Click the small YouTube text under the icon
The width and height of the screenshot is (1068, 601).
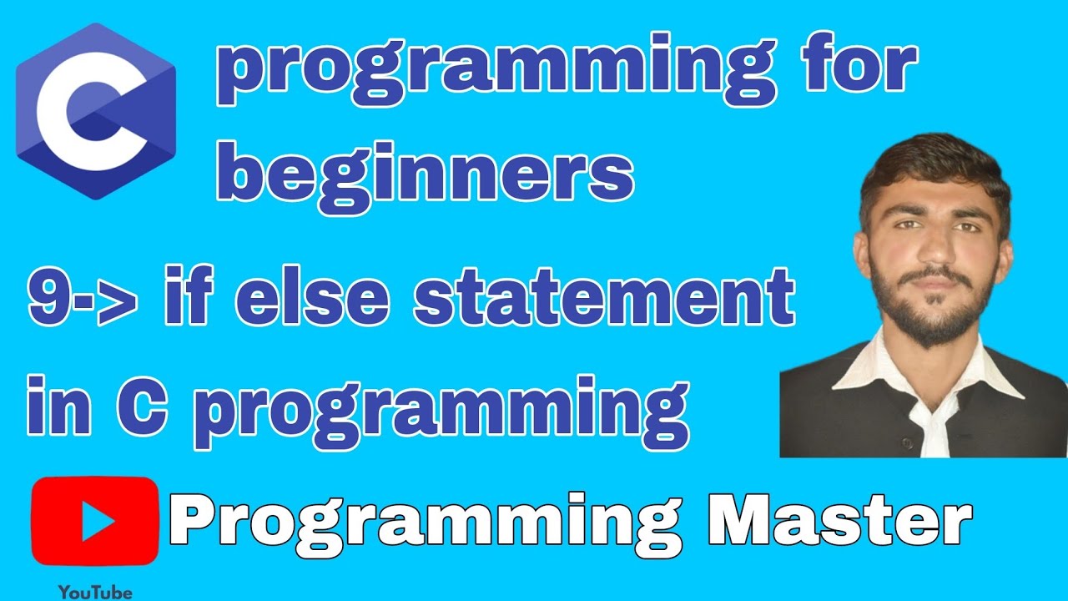point(95,592)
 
